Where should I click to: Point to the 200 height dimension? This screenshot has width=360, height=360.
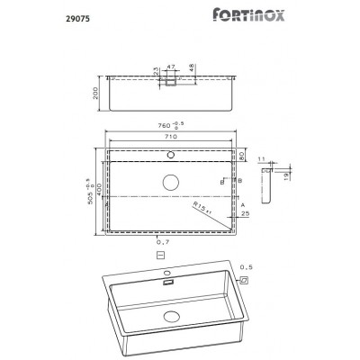pyautogui.click(x=94, y=92)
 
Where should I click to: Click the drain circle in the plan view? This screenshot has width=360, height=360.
pyautogui.click(x=170, y=182)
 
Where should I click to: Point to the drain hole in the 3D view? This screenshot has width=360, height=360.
pyautogui.click(x=170, y=317)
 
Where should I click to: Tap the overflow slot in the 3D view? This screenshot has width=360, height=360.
pyautogui.click(x=167, y=282)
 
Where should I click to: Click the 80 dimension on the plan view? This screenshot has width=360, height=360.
pyautogui.click(x=242, y=155)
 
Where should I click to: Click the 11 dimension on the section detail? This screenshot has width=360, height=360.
pyautogui.click(x=263, y=158)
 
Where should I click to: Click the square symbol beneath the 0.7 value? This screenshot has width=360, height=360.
pyautogui.click(x=160, y=256)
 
